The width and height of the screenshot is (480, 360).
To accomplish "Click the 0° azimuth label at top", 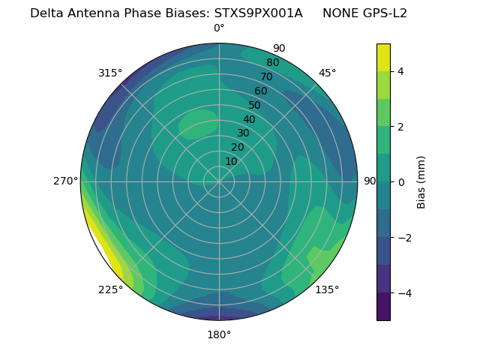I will (x=219, y=28).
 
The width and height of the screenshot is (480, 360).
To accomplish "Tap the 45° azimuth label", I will (x=327, y=73).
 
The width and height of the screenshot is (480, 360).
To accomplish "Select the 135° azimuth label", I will (x=327, y=289).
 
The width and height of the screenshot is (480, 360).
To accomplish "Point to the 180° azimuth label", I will (x=219, y=334).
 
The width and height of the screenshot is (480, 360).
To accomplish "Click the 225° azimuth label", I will (x=110, y=290).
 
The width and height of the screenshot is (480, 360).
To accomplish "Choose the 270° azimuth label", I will (x=66, y=181).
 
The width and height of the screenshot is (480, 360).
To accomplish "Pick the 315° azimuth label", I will (x=110, y=73).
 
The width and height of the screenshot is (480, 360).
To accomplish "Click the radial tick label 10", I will (x=231, y=161).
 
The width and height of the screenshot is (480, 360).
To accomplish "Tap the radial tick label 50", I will (x=255, y=105).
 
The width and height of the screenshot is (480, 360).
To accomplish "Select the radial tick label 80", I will (x=272, y=62).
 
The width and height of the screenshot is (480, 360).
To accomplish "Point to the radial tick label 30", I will (x=243, y=133).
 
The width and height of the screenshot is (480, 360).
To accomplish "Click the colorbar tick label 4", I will (x=401, y=71).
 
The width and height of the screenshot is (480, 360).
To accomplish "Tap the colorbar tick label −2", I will (x=401, y=238).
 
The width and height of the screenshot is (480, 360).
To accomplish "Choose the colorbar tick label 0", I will (x=401, y=182).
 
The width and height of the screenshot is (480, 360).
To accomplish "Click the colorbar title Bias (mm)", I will (x=421, y=182).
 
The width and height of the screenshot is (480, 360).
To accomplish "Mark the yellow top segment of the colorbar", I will (x=383, y=57).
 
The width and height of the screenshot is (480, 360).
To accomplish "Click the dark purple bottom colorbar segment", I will (x=383, y=307).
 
